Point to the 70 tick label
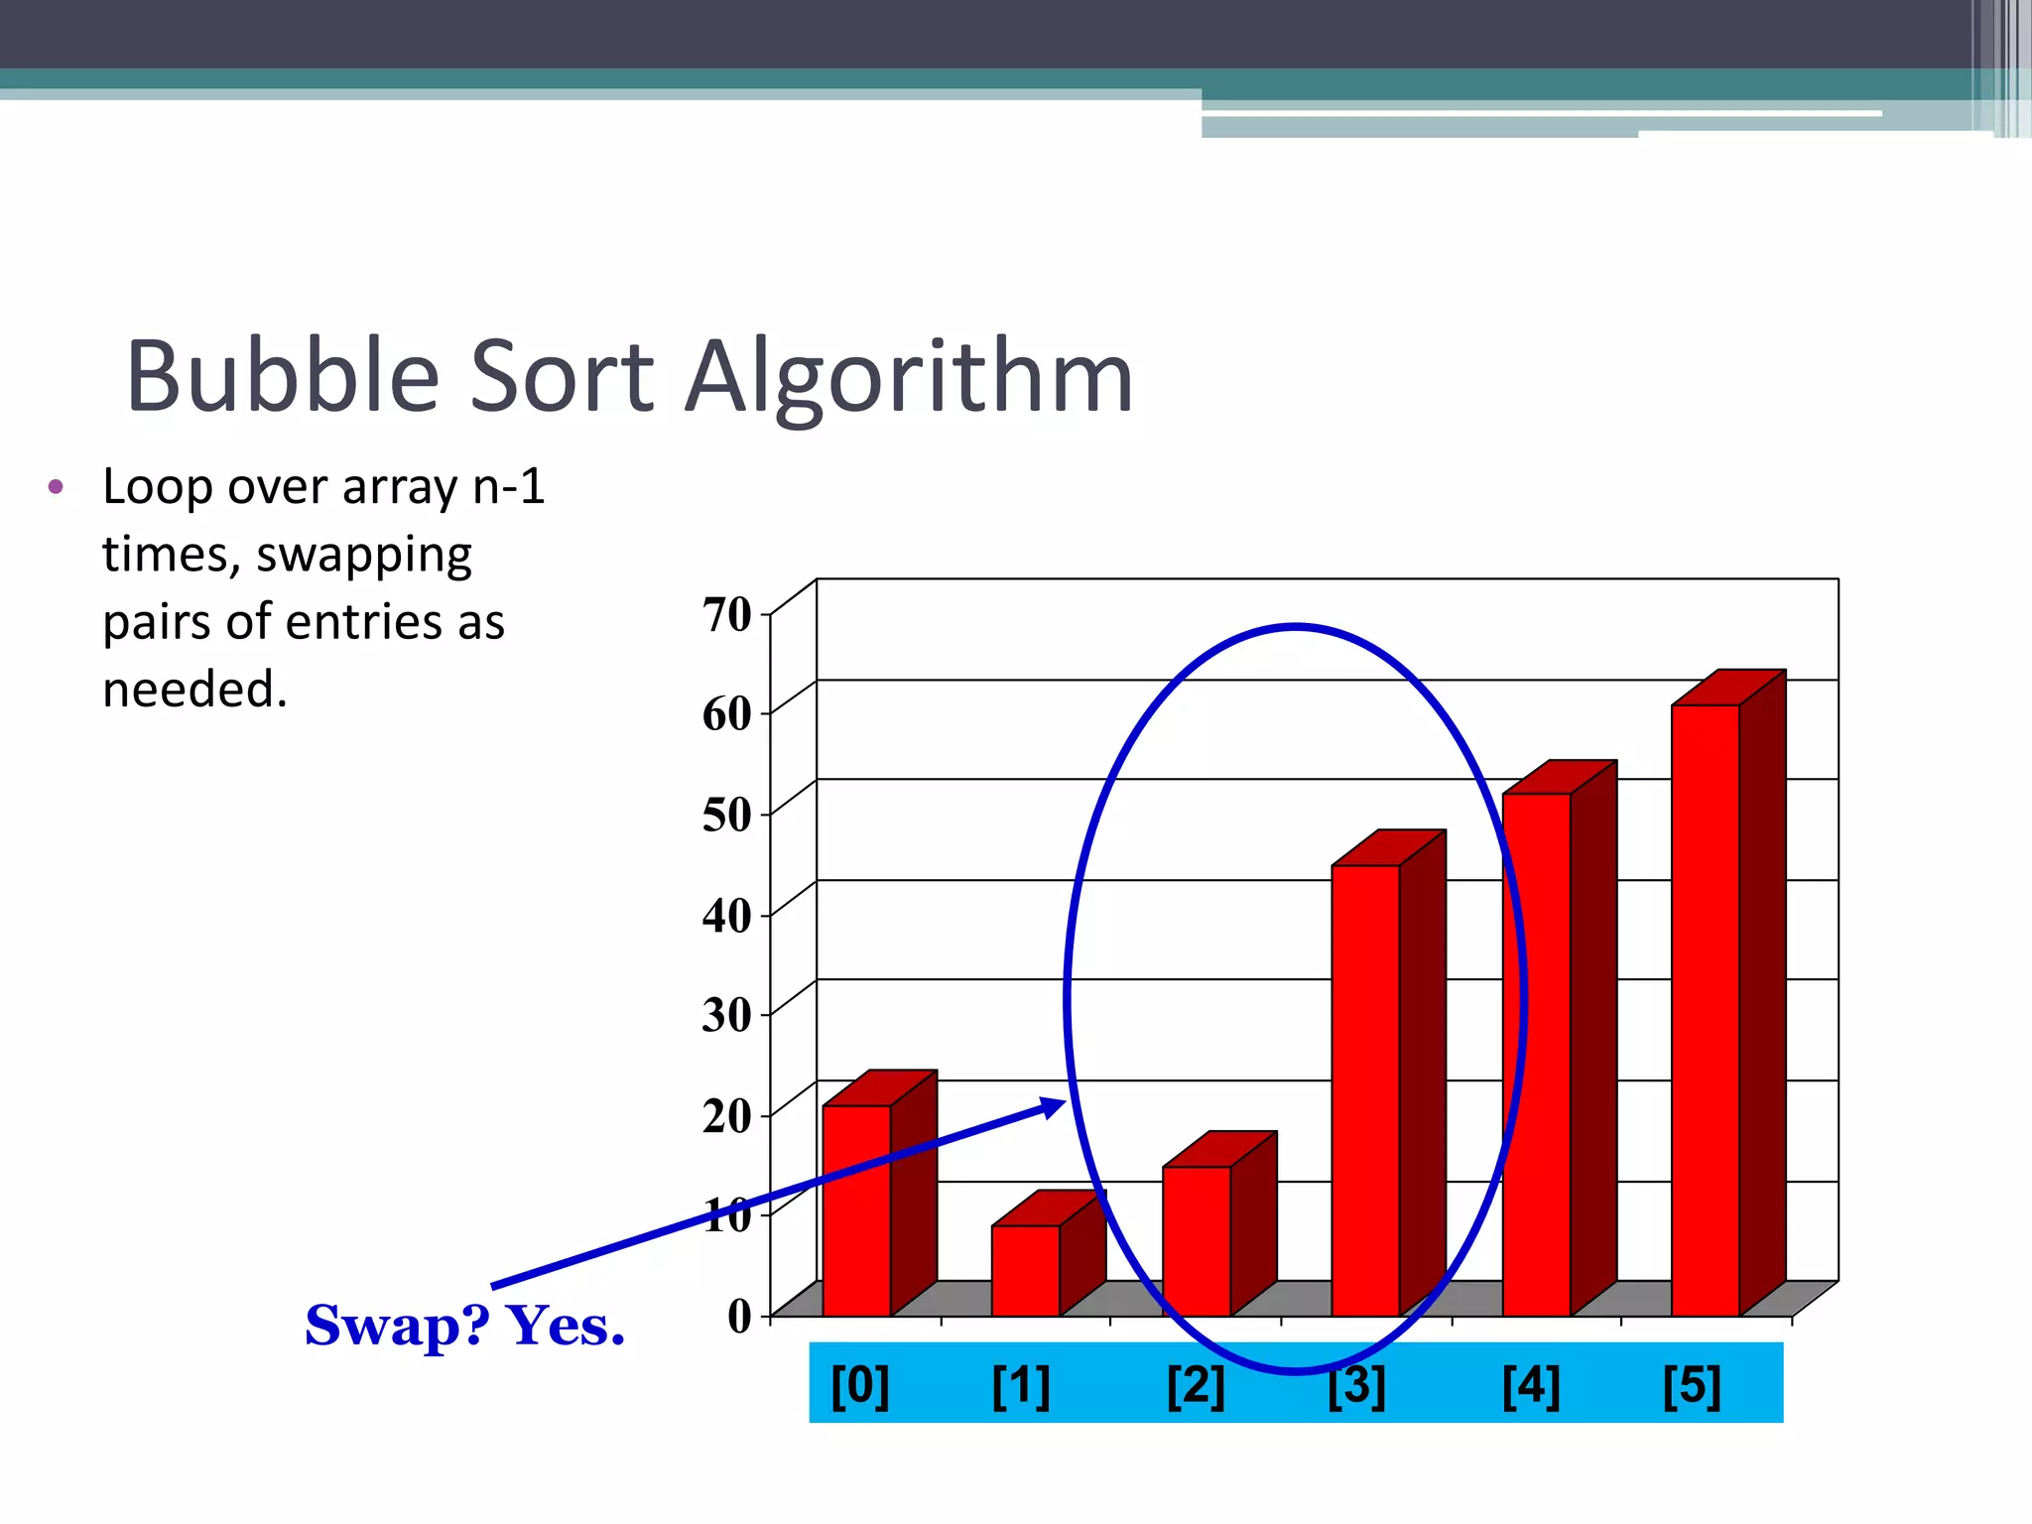tap(727, 614)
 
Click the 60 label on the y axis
tap(727, 714)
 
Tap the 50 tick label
tap(727, 815)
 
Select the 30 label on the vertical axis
tap(727, 1014)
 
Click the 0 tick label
tap(740, 1316)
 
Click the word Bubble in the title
tap(283, 377)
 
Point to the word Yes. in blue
tap(566, 1326)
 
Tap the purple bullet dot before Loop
tap(56, 487)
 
